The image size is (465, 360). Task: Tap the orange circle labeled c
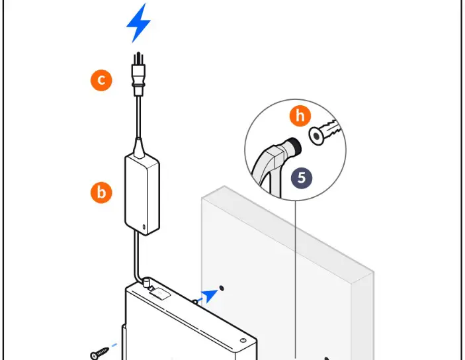pos(101,81)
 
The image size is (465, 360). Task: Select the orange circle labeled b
pos(101,193)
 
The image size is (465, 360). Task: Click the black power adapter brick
pos(142,193)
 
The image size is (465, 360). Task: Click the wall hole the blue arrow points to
pos(222,287)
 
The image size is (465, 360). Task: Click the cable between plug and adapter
pos(138,119)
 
